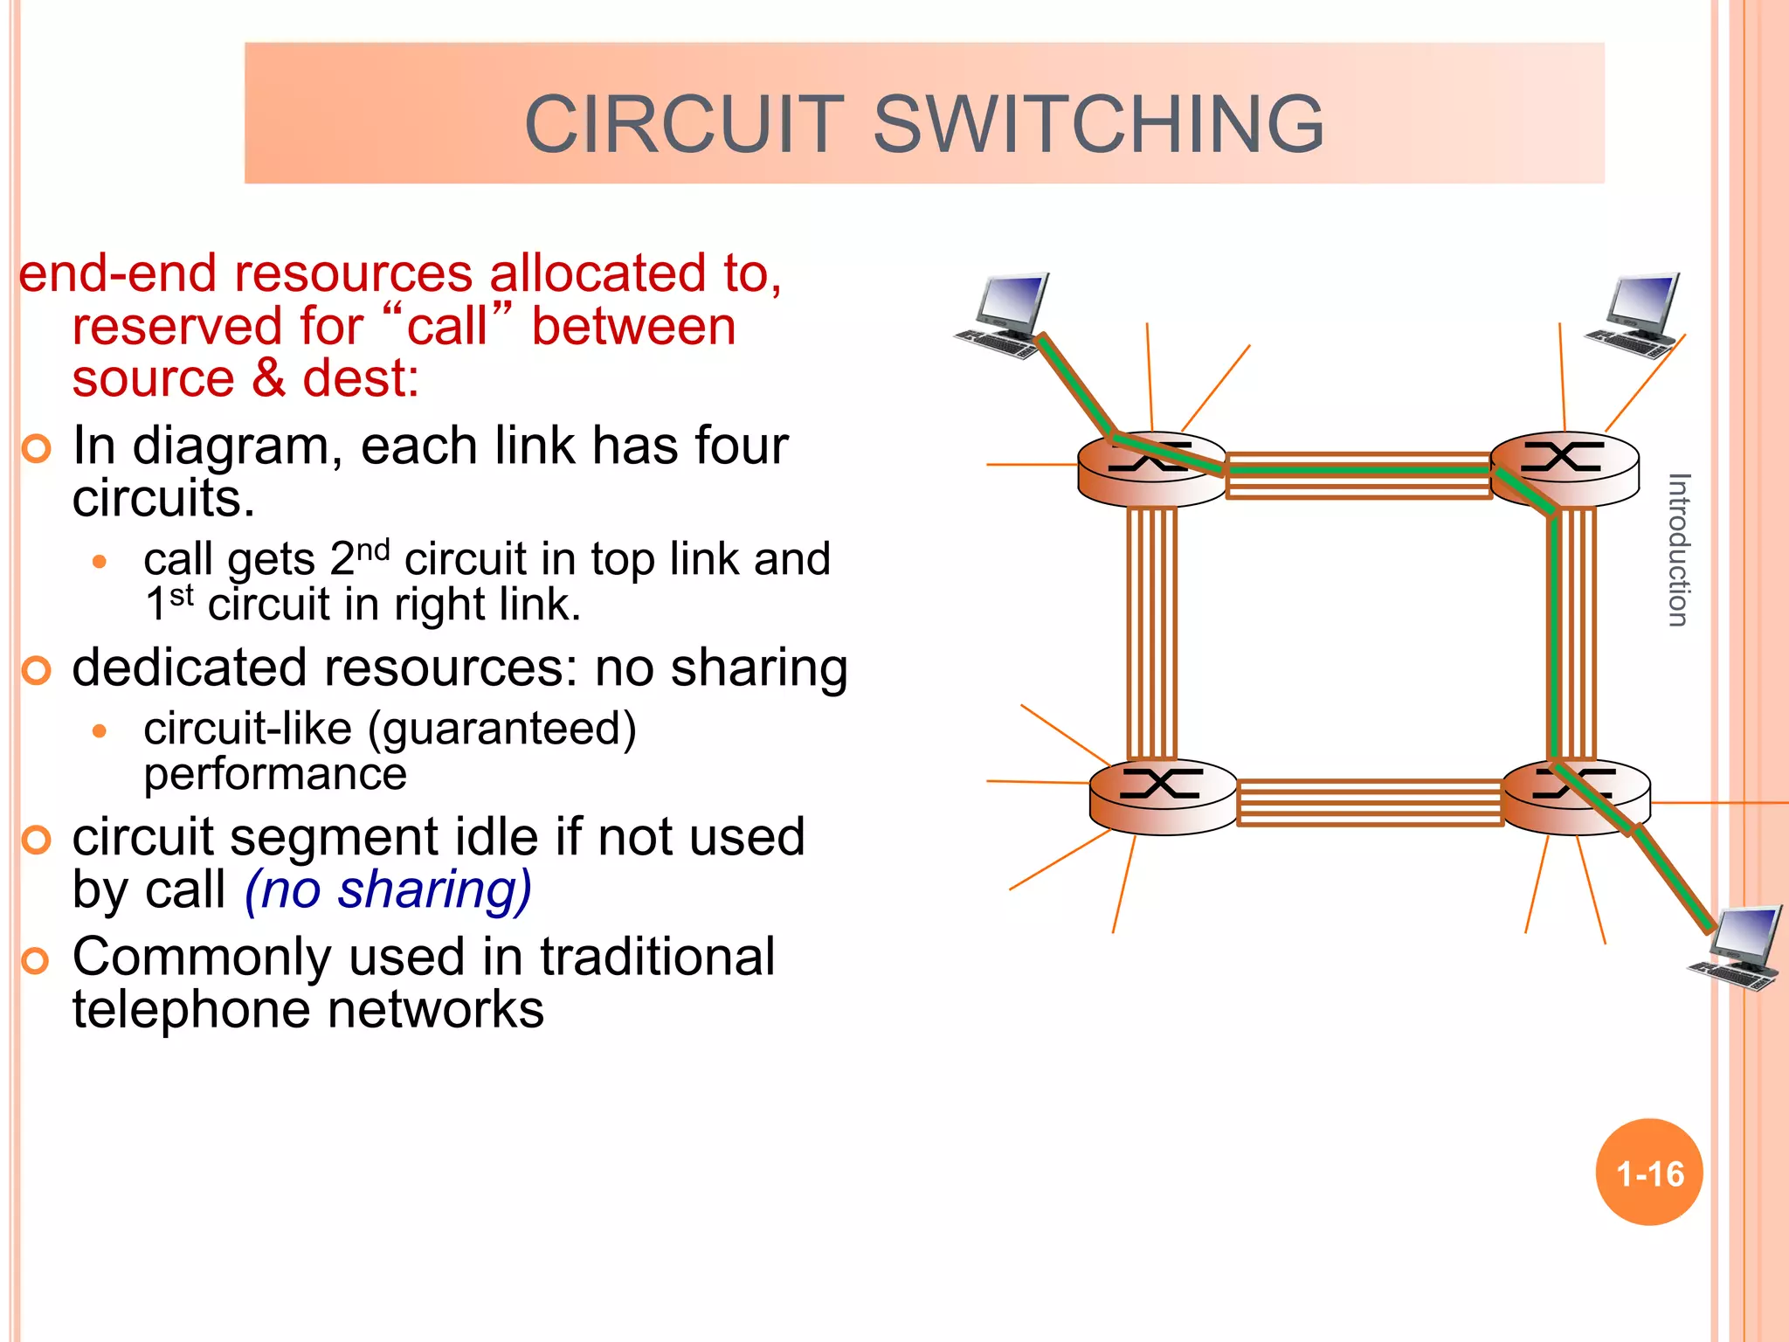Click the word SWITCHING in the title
point(1098,124)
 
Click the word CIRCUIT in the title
point(684,124)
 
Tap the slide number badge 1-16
point(1649,1173)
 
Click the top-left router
point(1151,470)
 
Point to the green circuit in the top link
point(1358,470)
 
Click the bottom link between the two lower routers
point(1370,802)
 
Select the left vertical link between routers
point(1151,633)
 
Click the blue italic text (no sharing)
point(388,891)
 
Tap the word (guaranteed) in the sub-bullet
point(502,729)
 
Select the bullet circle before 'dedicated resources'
point(37,671)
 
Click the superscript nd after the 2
point(373,550)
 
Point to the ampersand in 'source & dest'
point(268,378)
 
